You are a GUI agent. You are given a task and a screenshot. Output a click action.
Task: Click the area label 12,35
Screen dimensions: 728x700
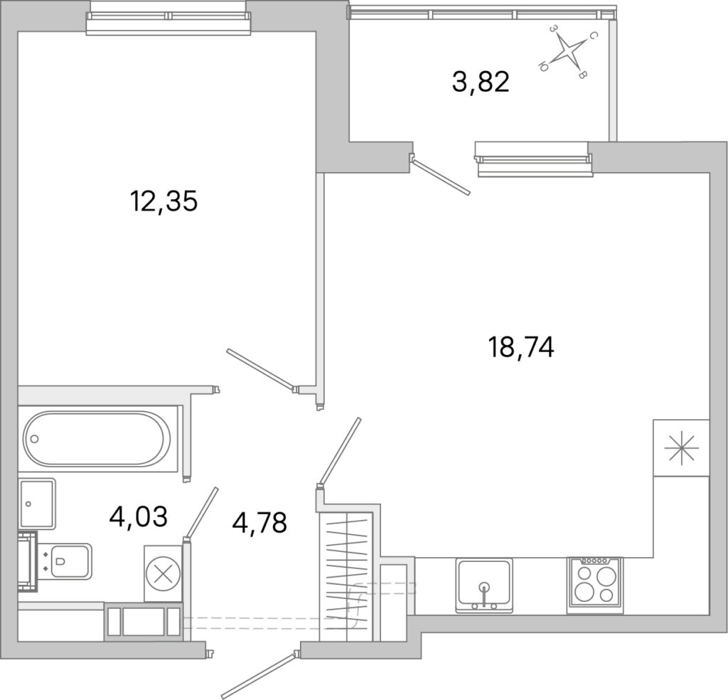[x=164, y=201]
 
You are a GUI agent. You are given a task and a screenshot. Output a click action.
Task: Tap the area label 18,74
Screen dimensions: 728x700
[x=521, y=347]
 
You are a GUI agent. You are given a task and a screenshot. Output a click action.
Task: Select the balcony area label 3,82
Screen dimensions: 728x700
[x=481, y=82]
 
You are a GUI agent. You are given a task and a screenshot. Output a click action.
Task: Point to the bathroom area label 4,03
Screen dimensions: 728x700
[x=138, y=516]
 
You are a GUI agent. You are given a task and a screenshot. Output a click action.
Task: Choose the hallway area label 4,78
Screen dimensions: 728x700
[x=259, y=522]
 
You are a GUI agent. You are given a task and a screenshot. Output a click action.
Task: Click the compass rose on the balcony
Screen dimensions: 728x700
[x=567, y=51]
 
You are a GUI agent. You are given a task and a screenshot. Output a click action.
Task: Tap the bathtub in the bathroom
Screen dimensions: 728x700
[x=97, y=438]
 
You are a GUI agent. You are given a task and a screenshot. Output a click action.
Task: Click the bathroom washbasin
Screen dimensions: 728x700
[x=38, y=504]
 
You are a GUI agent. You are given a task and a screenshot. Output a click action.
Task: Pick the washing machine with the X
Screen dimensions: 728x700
[x=163, y=573]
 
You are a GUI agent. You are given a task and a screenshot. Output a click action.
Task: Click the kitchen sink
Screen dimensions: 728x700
[x=484, y=585]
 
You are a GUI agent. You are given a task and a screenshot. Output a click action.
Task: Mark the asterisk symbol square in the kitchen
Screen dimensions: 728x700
[x=681, y=447]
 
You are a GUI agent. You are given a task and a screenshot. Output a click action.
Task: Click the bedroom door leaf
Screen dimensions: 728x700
[x=260, y=370]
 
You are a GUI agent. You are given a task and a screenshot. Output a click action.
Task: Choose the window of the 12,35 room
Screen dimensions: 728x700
[x=168, y=17]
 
